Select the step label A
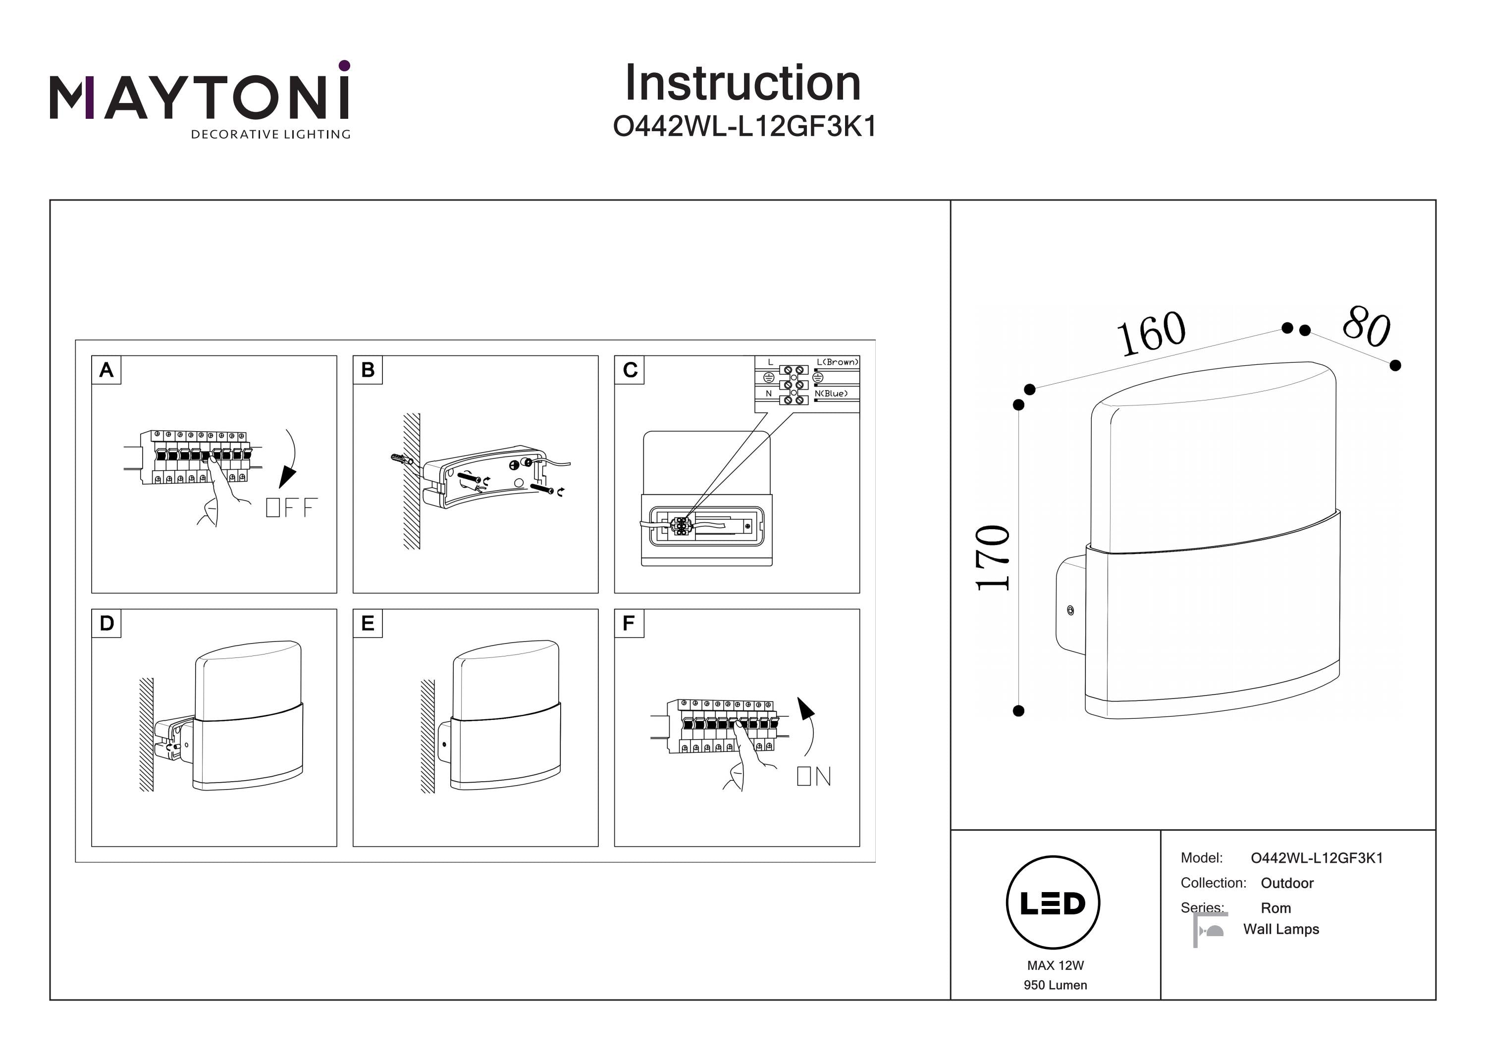click(106, 370)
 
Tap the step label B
click(368, 370)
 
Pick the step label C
click(630, 370)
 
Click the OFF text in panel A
click(292, 507)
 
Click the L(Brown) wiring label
click(838, 362)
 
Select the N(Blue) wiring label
click(831, 394)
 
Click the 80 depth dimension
click(1366, 326)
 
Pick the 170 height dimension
click(993, 557)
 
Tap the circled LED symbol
click(1053, 903)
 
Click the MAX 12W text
click(1055, 965)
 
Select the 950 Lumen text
click(1055, 985)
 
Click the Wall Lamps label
click(1281, 929)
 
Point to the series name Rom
click(1275, 907)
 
